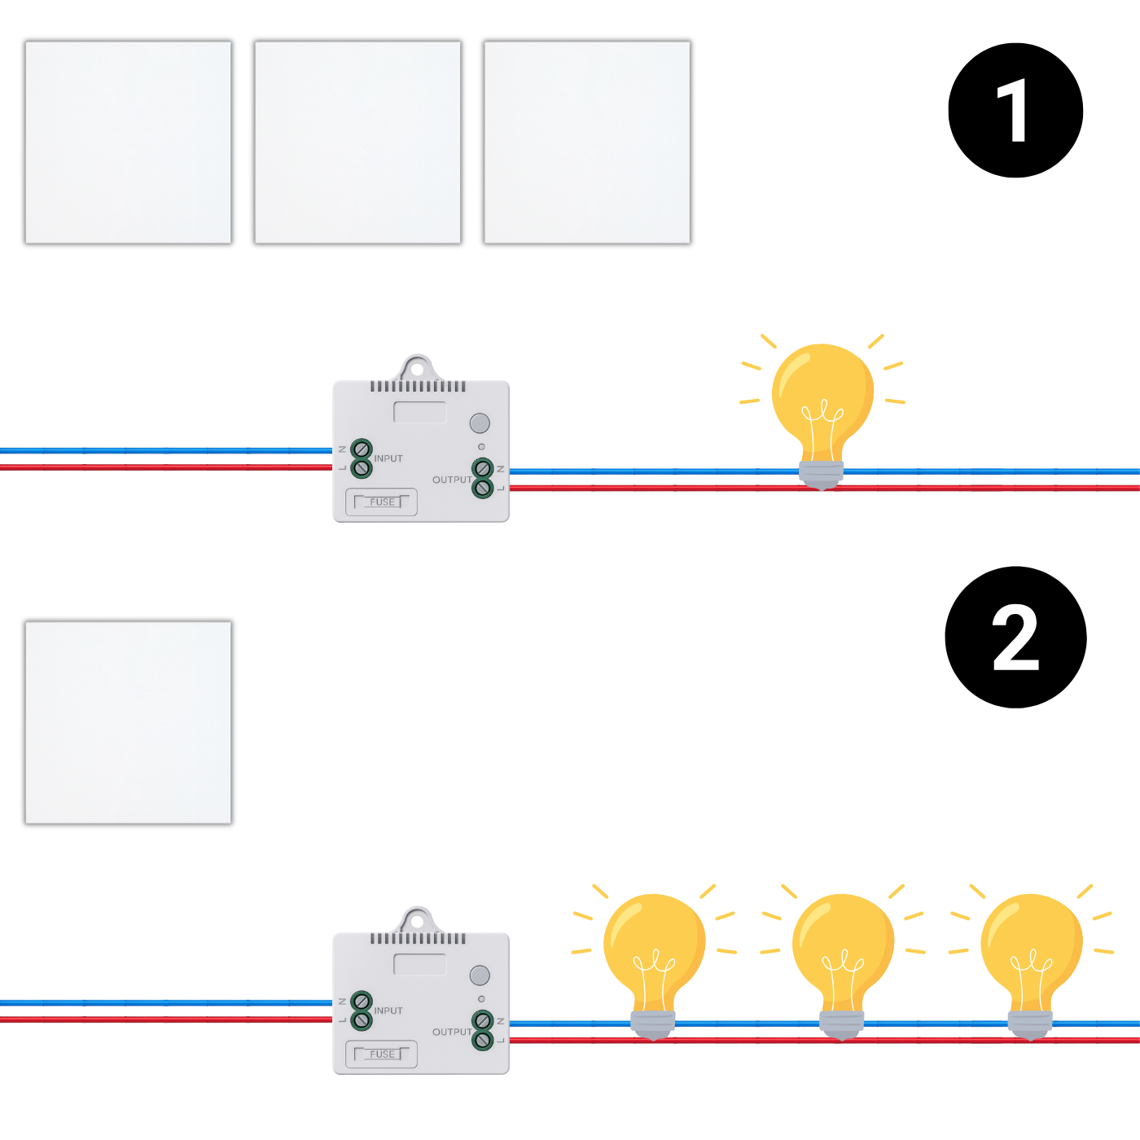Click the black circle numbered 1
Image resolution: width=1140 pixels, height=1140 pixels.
1015,111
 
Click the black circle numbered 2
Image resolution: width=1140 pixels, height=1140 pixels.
1015,638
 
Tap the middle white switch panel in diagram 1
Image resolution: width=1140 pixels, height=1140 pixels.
357,142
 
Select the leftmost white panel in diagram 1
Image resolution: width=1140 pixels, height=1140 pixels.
129,142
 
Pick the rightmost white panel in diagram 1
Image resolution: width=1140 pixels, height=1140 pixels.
587,142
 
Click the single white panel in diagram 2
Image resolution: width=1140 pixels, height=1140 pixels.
129,722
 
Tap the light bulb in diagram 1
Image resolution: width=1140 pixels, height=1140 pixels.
822,407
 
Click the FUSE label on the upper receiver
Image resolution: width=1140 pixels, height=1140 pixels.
382,502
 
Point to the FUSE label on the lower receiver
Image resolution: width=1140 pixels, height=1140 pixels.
382,1054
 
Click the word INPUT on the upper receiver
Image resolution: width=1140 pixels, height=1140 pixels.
388,458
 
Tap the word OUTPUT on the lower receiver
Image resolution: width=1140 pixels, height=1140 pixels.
452,1032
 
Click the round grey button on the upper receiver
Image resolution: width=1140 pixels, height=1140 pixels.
480,423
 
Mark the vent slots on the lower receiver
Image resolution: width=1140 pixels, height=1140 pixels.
419,939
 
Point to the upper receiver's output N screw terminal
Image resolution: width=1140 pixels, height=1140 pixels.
483,469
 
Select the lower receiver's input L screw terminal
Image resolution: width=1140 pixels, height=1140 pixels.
362,1020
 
